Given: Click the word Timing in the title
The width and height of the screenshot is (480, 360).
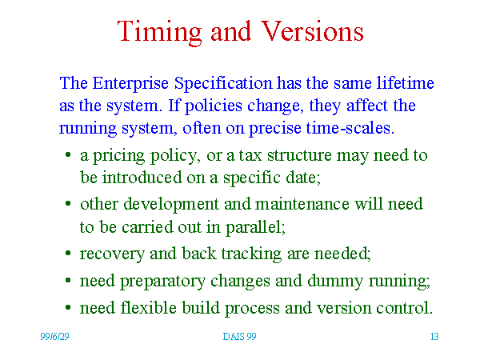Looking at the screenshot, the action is (159, 33).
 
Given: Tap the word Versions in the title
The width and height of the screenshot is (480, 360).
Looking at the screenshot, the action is (312, 31).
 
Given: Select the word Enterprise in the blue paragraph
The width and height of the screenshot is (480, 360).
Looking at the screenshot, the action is (130, 83).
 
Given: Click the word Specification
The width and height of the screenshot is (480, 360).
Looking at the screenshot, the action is (223, 83).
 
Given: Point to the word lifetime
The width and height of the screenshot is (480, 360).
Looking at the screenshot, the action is (406, 82).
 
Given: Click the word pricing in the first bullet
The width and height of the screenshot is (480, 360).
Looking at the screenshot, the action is (118, 156).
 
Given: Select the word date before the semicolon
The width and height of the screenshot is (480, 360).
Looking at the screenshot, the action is (301, 178).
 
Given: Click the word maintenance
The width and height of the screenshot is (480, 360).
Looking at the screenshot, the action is (302, 204).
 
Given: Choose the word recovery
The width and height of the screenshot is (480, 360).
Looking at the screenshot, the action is (112, 254).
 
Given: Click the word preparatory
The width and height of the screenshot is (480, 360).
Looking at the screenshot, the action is (162, 282).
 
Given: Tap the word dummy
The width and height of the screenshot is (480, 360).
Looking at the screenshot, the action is (335, 282).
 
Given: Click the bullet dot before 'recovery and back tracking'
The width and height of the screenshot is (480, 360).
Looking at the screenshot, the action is (68, 253).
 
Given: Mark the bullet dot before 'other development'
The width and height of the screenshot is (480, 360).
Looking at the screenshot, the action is (68, 203).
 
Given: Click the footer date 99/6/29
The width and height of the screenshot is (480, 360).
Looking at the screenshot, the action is (54, 337).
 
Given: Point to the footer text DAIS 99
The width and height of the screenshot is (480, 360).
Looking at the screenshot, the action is (239, 337).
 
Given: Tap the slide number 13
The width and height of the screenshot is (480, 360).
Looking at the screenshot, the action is (434, 337).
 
